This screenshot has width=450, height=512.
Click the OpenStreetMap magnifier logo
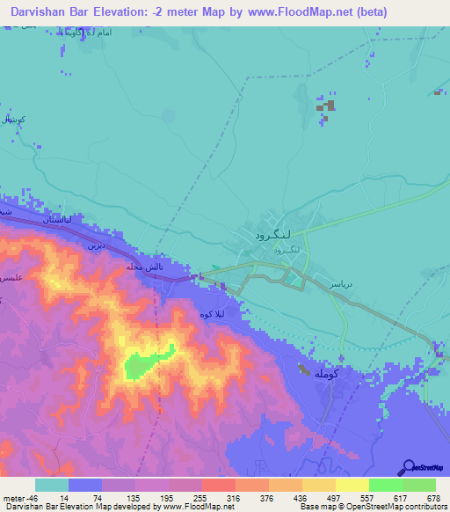408,467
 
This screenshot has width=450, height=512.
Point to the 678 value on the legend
432,497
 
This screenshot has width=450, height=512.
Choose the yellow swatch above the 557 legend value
352,485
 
